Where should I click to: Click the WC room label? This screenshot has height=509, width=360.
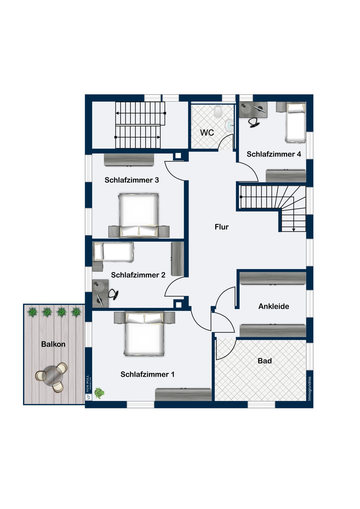pos(207,132)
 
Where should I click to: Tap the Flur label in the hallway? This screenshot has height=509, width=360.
pos(221,227)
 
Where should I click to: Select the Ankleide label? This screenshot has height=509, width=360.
pos(274,306)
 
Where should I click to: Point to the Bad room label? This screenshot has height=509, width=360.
pos(265,361)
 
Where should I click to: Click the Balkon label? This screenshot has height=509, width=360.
pos(53,344)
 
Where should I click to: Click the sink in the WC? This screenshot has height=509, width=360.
pos(229,126)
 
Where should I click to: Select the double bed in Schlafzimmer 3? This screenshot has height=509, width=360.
pos(138,215)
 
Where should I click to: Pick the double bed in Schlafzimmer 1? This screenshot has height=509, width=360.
pos(144,334)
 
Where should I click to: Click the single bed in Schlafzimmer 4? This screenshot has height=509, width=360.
pos(295,123)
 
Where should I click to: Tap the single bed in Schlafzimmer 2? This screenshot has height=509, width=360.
pos(113,252)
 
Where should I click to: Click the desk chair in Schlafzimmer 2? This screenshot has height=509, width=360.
pos(113,294)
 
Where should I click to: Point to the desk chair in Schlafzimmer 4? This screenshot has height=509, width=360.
pos(254,123)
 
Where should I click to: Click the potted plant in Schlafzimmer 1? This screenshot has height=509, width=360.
pos(100,393)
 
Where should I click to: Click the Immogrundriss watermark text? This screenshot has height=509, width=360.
pos(309,389)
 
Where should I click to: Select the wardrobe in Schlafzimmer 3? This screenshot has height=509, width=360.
pos(129,160)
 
